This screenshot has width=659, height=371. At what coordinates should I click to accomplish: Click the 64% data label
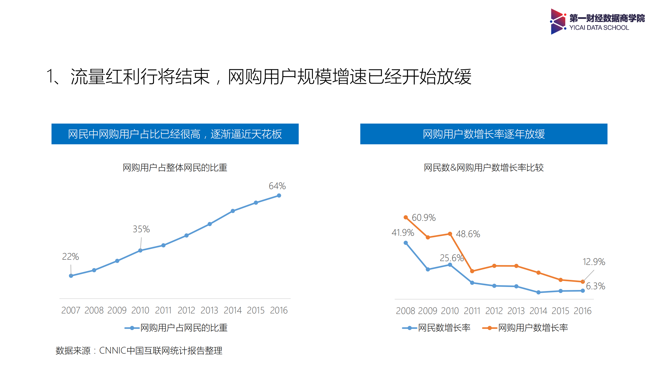pyautogui.click(x=277, y=186)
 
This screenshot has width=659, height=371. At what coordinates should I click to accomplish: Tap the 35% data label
pyautogui.click(x=141, y=229)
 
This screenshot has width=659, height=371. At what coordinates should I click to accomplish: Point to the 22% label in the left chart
pyautogui.click(x=70, y=257)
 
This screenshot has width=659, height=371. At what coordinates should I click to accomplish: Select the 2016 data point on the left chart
pyautogui.click(x=279, y=196)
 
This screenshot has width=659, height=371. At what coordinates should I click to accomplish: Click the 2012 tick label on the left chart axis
pyautogui.click(x=186, y=310)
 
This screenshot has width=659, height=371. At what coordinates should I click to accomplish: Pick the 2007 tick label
pyautogui.click(x=71, y=310)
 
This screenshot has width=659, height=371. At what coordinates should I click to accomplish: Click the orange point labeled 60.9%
pyautogui.click(x=406, y=217)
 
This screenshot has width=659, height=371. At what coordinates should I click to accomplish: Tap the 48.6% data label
pyautogui.click(x=468, y=234)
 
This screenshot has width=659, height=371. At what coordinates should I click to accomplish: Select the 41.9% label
pyautogui.click(x=403, y=233)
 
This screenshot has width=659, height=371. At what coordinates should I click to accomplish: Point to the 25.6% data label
pyautogui.click(x=451, y=258)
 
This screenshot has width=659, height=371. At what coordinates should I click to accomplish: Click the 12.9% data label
pyautogui.click(x=594, y=262)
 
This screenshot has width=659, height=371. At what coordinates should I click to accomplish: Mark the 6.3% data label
pyautogui.click(x=595, y=286)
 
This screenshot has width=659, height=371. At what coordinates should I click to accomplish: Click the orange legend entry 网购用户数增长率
pyautogui.click(x=533, y=328)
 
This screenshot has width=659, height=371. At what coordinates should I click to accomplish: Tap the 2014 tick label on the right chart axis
pyautogui.click(x=538, y=311)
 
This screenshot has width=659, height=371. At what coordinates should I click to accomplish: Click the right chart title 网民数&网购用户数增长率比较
pyautogui.click(x=483, y=167)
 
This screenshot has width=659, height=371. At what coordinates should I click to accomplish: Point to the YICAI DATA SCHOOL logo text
pyautogui.click(x=599, y=28)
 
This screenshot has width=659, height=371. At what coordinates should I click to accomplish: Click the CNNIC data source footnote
pyautogui.click(x=139, y=351)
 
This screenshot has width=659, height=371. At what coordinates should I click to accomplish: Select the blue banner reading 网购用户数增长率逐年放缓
pyautogui.click(x=483, y=134)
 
